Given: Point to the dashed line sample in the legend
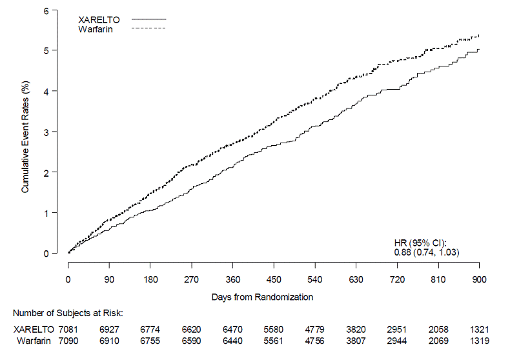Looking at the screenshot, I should [x=148, y=29].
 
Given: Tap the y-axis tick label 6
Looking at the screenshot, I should [x=46, y=10].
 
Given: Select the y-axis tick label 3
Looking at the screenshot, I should [x=46, y=132].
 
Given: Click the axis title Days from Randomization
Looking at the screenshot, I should [x=262, y=297].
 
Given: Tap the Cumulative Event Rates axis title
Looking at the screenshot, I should [x=26, y=137].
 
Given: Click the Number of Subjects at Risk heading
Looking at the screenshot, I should [x=68, y=313].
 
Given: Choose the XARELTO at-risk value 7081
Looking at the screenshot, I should [x=68, y=330].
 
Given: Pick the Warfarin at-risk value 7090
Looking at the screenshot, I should [x=68, y=340].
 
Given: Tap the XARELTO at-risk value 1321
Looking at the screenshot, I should [x=479, y=330].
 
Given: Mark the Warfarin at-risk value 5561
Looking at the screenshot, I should [x=274, y=340].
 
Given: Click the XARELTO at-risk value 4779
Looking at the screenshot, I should [x=315, y=330].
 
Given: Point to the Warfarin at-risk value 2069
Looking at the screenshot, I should [x=438, y=340].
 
